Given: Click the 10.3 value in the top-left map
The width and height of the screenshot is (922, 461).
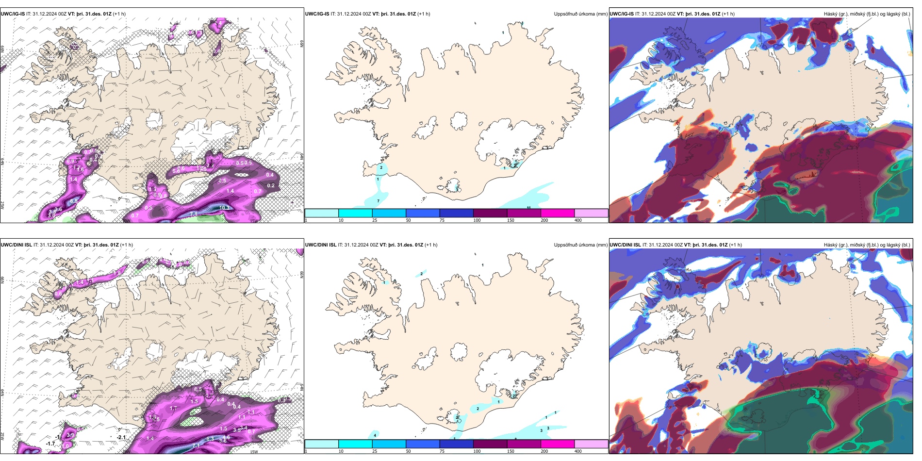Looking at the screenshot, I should pyautogui.click(x=224, y=208).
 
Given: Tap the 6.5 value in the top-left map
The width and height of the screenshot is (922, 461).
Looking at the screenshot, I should pyautogui.click(x=74, y=201).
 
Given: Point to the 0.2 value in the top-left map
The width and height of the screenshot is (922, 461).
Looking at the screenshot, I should pyautogui.click(x=271, y=185).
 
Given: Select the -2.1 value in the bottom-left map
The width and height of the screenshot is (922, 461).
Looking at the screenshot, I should pyautogui.click(x=121, y=437).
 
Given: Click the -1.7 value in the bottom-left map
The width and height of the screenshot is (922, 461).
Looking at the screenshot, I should pyautogui.click(x=50, y=444).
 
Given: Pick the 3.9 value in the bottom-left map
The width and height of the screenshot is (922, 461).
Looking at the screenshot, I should pyautogui.click(x=70, y=435).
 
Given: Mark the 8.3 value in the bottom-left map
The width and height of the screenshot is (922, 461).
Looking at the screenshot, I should pyautogui.click(x=210, y=439).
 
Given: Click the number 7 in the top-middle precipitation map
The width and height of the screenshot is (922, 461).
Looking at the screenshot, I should pyautogui.click(x=379, y=201).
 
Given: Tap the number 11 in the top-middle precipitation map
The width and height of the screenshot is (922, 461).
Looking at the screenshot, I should pyautogui.click(x=529, y=208).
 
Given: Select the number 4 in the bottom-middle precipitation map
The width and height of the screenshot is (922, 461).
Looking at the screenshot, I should pyautogui.click(x=375, y=435).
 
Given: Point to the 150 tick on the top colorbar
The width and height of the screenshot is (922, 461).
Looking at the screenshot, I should pyautogui.click(x=510, y=220).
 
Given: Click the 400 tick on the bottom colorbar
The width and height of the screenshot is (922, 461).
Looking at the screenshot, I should pyautogui.click(x=578, y=451).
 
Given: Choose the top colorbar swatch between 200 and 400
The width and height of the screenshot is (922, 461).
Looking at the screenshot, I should pyautogui.click(x=591, y=213).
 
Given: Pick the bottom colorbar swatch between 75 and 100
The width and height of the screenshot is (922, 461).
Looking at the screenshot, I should pyautogui.click(x=456, y=444).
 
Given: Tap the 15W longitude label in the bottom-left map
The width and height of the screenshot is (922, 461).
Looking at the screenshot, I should pyautogui.click(x=253, y=452).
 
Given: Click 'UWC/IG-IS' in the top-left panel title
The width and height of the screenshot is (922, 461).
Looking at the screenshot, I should pyautogui.click(x=13, y=14).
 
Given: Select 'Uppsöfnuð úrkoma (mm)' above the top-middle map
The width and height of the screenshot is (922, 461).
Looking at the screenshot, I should pyautogui.click(x=580, y=14).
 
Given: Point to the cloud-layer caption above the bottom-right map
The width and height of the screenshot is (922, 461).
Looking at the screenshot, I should pyautogui.click(x=867, y=245).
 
